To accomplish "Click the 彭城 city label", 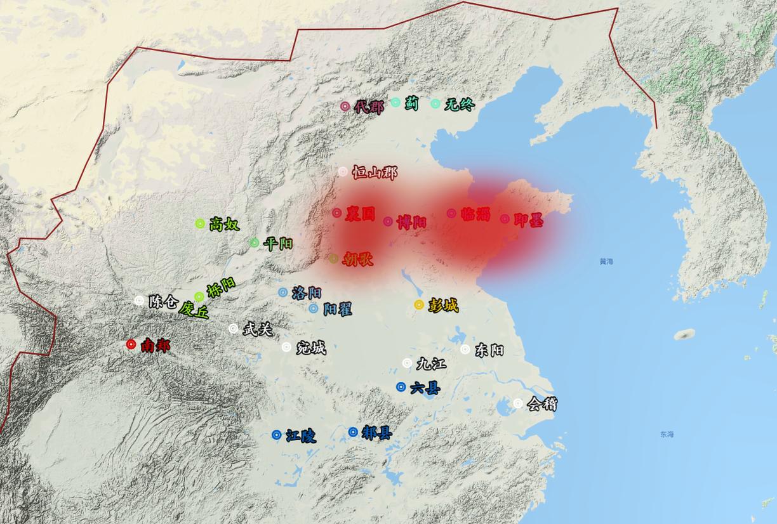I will point(443,305).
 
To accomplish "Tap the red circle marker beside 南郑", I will point(131,344).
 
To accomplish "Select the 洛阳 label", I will point(307,293).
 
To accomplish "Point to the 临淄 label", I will point(476,214).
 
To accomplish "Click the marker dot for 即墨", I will point(505,219).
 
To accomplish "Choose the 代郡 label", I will point(369,107).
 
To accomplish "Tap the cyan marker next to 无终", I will point(435,103).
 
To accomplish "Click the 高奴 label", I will point(224,223).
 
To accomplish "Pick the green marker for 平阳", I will point(255,242).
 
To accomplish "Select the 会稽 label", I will point(542,403).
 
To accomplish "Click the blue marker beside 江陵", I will point(277,435).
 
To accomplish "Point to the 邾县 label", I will point(376,433).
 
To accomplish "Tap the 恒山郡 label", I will point(375,172).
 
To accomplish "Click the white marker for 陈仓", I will point(139,300).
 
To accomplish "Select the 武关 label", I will point(257,329).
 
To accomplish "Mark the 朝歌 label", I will point(357,259).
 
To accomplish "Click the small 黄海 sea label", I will point(606,261).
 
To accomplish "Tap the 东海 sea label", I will point(666,435).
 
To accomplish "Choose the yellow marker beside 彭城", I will point(419,305).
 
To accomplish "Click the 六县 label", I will point(425,388).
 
